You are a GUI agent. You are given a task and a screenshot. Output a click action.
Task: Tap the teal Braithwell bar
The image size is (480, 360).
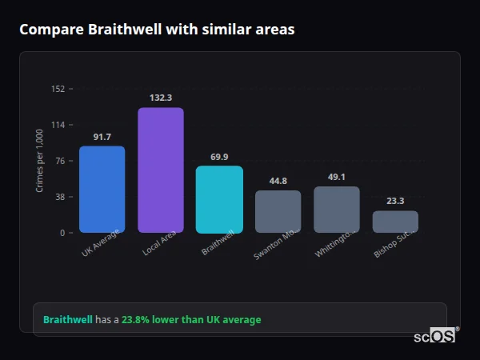click(x=219, y=199)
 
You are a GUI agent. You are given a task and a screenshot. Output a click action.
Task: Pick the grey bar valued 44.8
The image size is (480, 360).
click(x=278, y=211)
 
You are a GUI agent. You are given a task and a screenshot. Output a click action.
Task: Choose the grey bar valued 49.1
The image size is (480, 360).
click(x=337, y=210)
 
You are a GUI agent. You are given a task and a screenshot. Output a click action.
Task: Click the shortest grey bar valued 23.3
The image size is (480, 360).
click(x=395, y=222)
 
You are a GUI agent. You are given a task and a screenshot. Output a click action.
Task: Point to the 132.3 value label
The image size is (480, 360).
click(x=161, y=98)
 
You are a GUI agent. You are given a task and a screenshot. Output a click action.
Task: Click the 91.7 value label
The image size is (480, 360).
click(x=102, y=137)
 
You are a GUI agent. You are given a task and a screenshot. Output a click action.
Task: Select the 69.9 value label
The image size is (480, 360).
click(x=219, y=157)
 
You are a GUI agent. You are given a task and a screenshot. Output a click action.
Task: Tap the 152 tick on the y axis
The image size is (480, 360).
click(x=58, y=89)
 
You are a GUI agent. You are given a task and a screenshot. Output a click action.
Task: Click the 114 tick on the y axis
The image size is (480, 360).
click(x=58, y=125)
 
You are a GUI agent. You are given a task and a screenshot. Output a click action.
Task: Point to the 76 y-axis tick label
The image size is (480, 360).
click(x=60, y=161)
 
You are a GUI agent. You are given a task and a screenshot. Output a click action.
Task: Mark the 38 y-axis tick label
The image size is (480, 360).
click(x=60, y=197)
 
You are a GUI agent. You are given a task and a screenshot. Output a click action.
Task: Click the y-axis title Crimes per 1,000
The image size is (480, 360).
click(x=40, y=161)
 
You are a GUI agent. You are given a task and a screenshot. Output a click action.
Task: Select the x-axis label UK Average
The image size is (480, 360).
click(x=101, y=242)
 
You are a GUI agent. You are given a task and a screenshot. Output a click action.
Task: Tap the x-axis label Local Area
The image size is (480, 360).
click(x=160, y=242)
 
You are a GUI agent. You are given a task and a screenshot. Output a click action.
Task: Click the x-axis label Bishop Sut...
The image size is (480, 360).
click(x=393, y=243)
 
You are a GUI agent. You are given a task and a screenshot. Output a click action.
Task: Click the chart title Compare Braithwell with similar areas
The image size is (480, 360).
click(x=157, y=30)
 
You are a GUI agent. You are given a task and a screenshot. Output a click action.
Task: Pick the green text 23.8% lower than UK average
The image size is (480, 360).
click(x=191, y=320)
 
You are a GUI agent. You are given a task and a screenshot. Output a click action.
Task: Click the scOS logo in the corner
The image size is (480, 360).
click(x=434, y=336)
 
